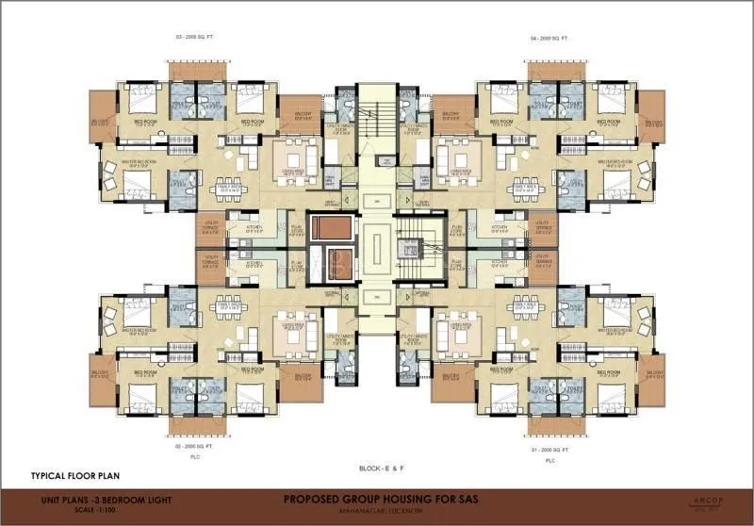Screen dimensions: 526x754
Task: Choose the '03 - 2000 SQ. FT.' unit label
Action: (x=191, y=40)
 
